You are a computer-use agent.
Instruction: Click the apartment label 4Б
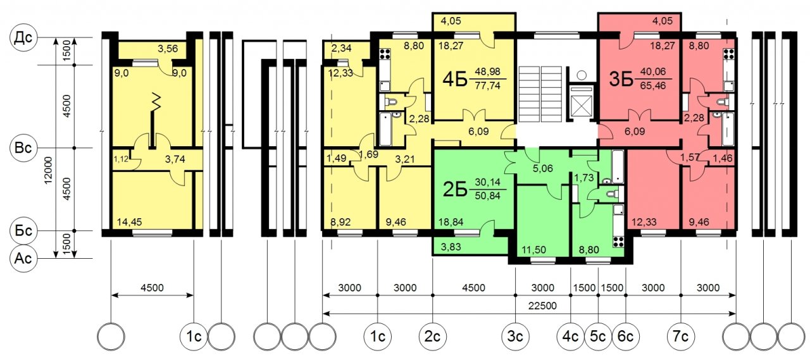455,80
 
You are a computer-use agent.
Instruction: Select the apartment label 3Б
621,80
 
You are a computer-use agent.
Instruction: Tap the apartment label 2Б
455,190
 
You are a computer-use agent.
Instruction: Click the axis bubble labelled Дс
23,37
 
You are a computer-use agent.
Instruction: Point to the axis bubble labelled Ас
23,258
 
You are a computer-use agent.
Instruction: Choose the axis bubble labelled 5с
598,337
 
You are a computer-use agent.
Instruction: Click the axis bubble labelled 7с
680,337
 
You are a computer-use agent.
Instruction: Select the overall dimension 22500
542,306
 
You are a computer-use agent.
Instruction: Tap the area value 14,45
130,222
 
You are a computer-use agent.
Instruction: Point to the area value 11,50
534,250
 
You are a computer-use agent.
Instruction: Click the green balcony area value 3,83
451,247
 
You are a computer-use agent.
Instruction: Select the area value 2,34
341,48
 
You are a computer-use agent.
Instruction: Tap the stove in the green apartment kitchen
618,242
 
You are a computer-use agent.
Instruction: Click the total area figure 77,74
487,85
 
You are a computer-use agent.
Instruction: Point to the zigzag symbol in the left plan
156,102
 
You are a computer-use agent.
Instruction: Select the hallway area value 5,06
543,168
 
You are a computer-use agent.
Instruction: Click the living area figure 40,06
652,71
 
